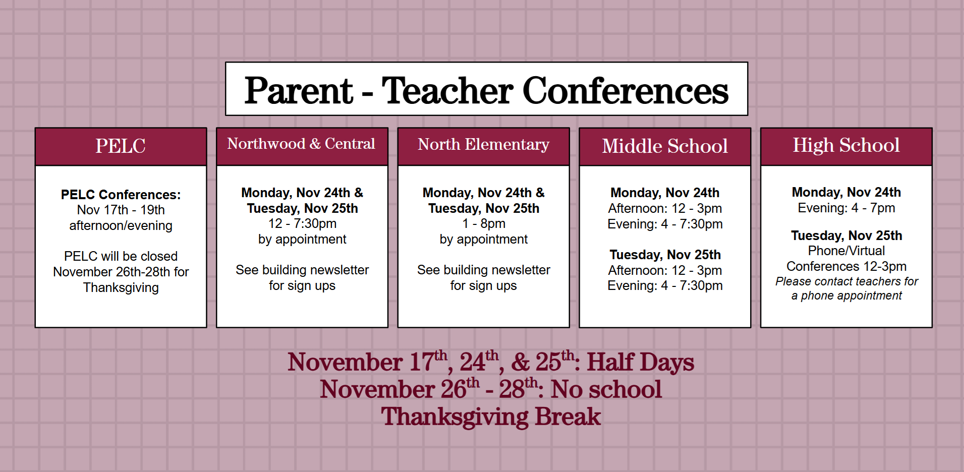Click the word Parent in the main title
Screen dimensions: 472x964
pos(299,91)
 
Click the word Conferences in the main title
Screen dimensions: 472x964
pos(625,91)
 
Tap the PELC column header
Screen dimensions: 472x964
pos(121,146)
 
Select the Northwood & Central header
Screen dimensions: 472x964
pos(301,144)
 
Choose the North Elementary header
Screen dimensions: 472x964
pos(483,145)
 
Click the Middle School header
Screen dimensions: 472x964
pos(665,146)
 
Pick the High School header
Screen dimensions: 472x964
pos(846,145)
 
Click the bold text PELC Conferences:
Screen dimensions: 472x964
pos(121,195)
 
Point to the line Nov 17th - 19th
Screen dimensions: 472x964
pos(121,210)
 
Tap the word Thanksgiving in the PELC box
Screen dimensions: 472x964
pos(121,287)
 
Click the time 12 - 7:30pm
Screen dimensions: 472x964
pos(302,223)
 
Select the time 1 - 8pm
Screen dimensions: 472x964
pos(483,223)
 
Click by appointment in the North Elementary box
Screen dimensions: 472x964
pos(483,239)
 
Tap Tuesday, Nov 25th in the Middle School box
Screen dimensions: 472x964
pos(665,255)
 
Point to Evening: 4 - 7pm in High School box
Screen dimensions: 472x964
pos(846,208)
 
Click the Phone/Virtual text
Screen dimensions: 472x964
pos(846,251)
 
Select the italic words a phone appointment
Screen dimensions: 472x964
pos(846,296)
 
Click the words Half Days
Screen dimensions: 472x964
pos(640,362)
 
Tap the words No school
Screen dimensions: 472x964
pos(606,389)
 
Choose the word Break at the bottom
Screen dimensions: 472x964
pos(568,417)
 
